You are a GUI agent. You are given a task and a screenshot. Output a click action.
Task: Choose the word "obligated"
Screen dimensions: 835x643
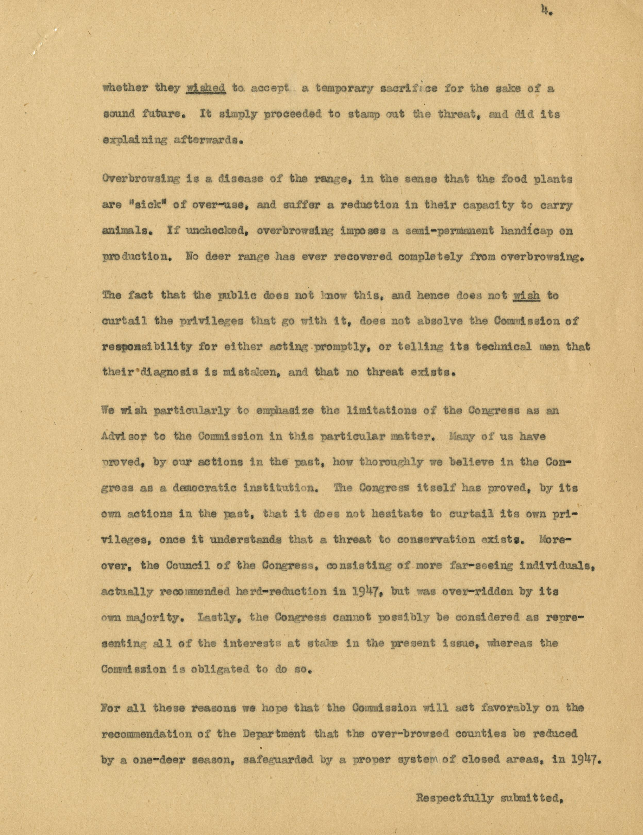[217, 669]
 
